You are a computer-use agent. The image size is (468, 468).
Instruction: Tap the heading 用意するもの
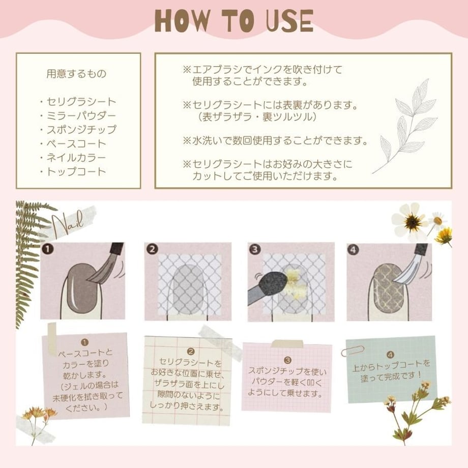coord(76,73)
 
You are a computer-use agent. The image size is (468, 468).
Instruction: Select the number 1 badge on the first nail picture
coord(48,249)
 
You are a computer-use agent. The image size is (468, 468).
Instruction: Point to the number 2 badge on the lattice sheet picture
coord(152,249)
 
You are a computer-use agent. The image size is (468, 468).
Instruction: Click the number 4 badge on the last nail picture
coord(354,250)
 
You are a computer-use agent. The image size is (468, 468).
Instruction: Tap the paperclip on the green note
coord(353,350)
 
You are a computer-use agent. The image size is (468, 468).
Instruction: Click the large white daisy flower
coord(411,220)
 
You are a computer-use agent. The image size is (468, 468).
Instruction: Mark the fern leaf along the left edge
coord(28,262)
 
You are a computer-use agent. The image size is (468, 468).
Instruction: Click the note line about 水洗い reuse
coord(275,140)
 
